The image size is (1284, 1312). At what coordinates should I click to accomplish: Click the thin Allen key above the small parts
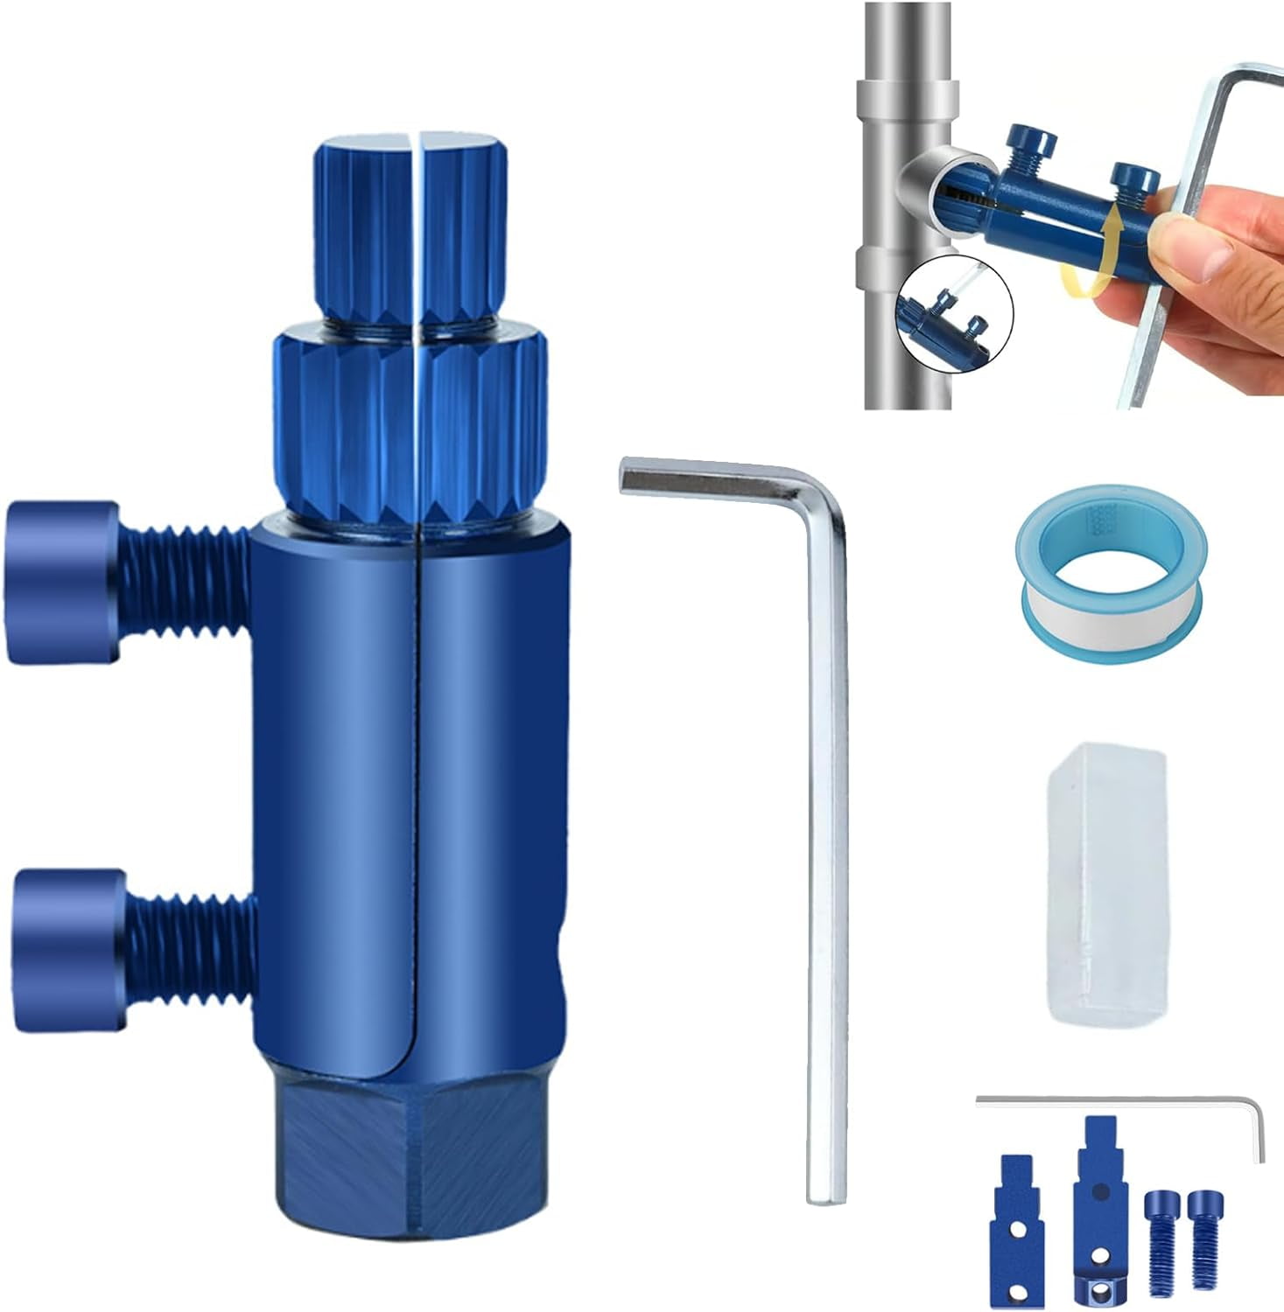click(x=1120, y=1100)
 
